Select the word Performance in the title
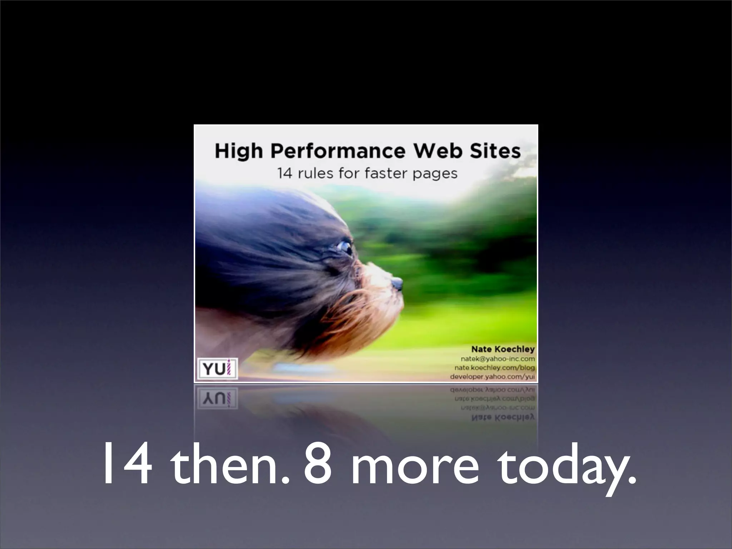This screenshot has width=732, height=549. (x=338, y=152)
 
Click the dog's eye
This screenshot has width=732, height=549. (x=345, y=247)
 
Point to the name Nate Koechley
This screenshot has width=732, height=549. (x=503, y=349)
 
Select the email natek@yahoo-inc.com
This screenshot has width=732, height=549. (x=498, y=359)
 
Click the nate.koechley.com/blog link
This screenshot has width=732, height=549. (x=495, y=368)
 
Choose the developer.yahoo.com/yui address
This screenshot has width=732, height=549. (x=492, y=377)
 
